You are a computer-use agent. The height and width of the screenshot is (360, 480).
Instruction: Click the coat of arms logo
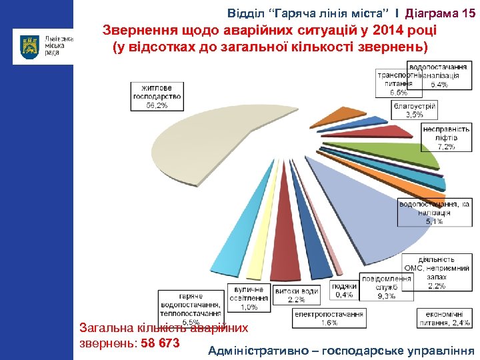[x=30, y=46]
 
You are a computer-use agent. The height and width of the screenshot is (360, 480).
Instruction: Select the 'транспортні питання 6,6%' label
[x=393, y=84]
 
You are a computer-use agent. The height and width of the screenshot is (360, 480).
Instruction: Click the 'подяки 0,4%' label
[x=345, y=290]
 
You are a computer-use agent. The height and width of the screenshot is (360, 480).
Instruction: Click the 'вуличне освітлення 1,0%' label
[x=249, y=299]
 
